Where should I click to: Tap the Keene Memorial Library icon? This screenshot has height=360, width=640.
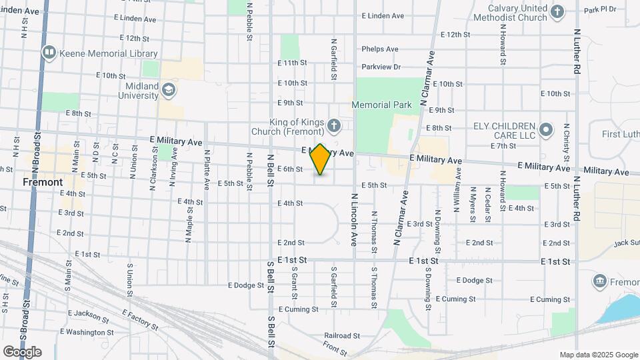(49, 52)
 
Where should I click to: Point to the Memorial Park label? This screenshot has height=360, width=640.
(381, 105)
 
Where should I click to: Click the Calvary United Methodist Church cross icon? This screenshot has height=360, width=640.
(557, 11)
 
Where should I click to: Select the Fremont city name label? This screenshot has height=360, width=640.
(43, 182)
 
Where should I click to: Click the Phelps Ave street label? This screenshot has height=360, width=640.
(380, 49)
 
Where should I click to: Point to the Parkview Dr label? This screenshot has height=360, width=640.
(381, 67)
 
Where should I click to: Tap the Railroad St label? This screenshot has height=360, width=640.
(342, 336)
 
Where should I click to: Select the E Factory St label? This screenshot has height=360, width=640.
(140, 320)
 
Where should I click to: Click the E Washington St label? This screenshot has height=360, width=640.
(87, 332)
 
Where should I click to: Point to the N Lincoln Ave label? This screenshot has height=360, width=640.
(355, 220)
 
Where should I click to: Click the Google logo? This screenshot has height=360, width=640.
(22, 351)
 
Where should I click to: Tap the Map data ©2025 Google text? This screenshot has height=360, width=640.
(598, 355)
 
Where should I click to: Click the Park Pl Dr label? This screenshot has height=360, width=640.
(600, 9)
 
